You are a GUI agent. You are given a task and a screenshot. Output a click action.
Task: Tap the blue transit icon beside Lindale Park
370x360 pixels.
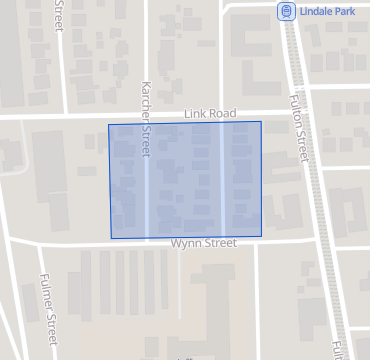click(286, 11)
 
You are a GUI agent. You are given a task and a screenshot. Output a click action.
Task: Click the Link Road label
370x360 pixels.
click(209, 114)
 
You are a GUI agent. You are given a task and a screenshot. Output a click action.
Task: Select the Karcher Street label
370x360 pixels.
click(146, 119)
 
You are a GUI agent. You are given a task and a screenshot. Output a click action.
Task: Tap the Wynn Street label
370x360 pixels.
click(203, 243)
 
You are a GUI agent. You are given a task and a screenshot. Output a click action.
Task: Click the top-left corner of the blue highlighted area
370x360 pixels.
click(109, 125)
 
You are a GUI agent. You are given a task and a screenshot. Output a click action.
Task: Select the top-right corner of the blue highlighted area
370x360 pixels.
click(261, 122)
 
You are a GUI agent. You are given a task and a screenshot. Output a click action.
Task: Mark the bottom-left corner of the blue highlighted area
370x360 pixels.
click(111, 238)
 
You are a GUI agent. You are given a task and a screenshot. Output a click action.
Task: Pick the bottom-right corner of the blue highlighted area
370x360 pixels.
click(262, 237)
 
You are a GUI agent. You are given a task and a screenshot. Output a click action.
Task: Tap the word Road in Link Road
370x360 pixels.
click(222, 114)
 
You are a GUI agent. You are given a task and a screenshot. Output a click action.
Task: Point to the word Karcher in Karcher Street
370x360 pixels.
click(146, 102)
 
